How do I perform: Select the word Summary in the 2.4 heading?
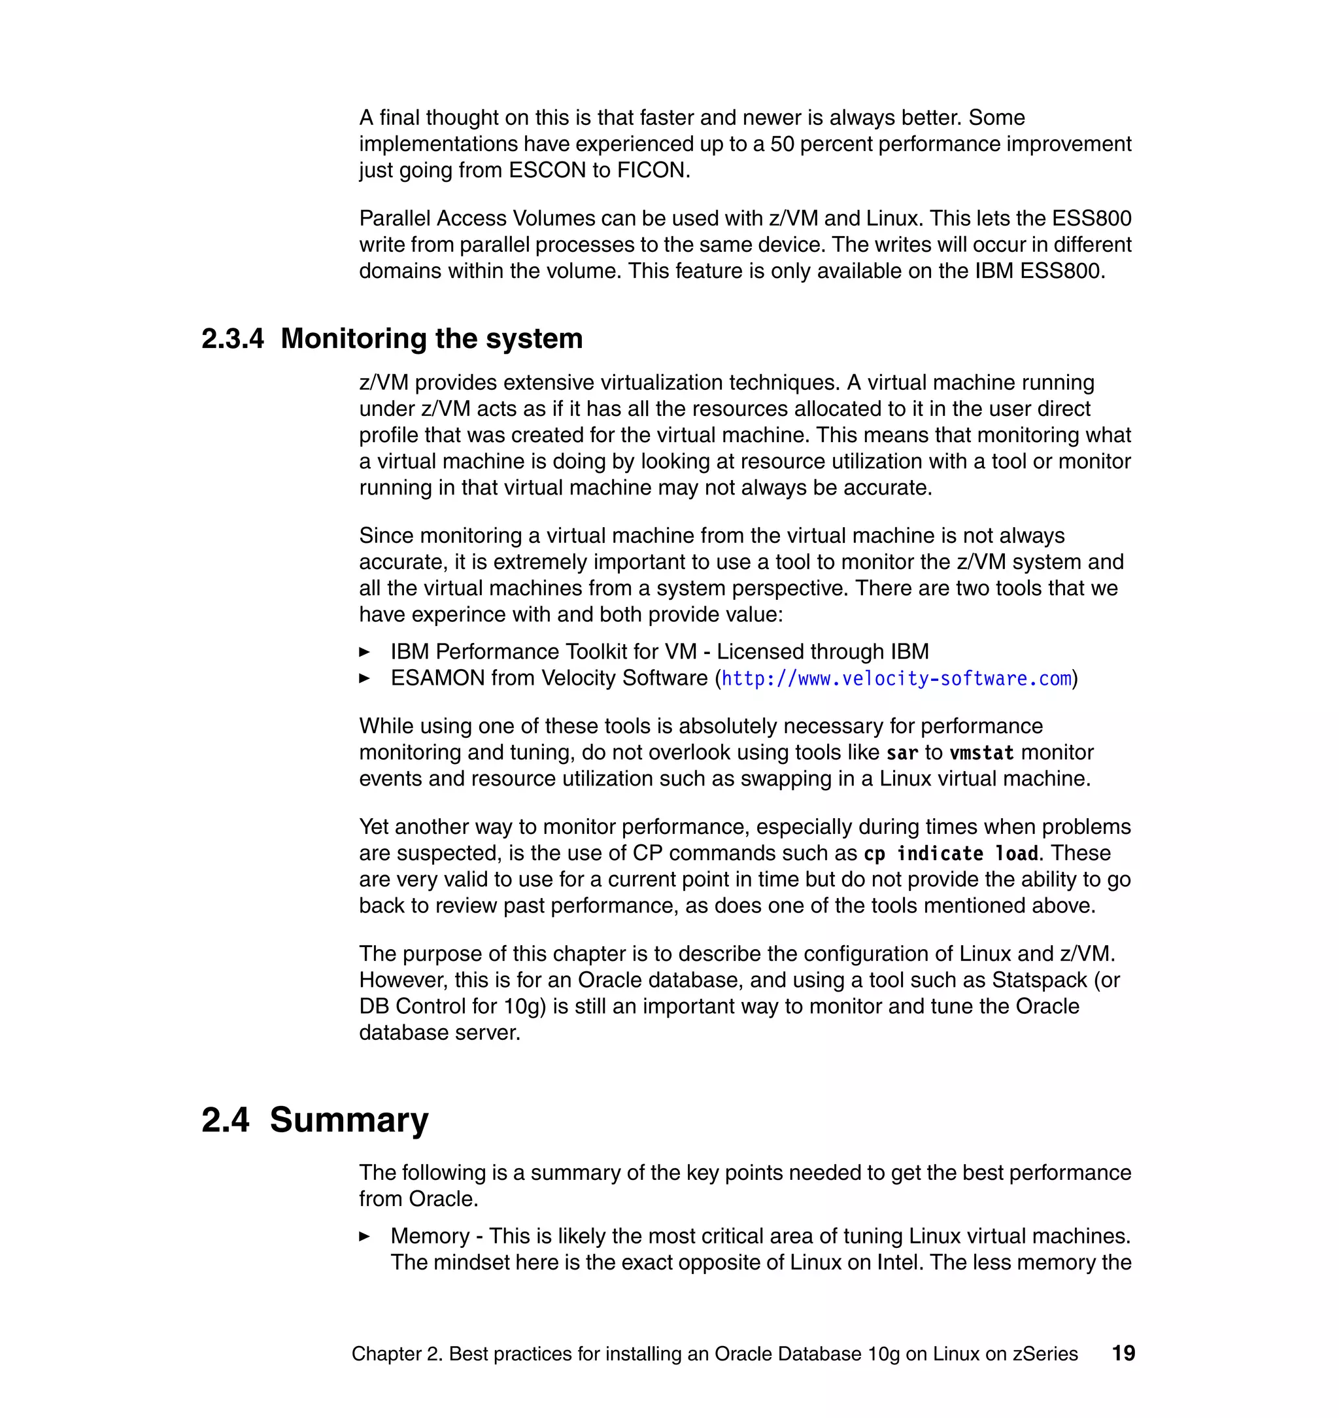click(x=348, y=1120)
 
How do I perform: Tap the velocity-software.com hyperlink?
click(x=896, y=678)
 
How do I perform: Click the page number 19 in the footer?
click(x=1123, y=1353)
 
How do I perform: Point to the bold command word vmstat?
click(x=981, y=753)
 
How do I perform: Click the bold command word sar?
click(x=902, y=753)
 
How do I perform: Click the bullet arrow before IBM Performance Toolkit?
click(x=364, y=652)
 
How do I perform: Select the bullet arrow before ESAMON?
click(x=364, y=678)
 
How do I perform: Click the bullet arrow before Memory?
click(x=364, y=1237)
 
